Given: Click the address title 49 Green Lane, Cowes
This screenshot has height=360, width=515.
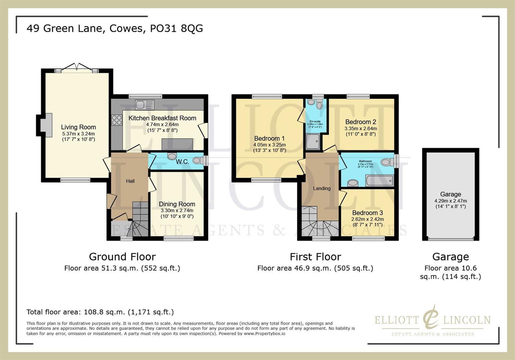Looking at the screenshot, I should pos(114,28).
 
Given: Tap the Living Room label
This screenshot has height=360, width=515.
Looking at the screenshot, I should pos(78,127).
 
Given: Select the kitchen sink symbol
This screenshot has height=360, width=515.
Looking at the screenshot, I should pos(144,105).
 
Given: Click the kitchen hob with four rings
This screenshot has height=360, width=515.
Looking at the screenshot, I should pos(117,120).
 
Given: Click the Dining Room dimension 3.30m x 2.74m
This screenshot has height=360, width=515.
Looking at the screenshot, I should pos(177,210).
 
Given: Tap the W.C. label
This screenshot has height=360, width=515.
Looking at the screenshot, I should pos(182,162).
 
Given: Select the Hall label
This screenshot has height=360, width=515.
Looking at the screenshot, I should pos(130,181).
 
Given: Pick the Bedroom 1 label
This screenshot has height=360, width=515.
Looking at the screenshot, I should pos(269,138).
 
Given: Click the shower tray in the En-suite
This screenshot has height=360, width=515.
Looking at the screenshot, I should pos(313,142).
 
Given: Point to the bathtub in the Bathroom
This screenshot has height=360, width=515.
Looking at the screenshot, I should pos(379,181).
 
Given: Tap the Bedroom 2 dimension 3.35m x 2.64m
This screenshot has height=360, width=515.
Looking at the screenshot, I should pos(361,128).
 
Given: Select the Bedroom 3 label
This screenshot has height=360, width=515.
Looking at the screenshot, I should pos(367,213).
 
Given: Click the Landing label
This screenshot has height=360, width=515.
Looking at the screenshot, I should pos(322,188).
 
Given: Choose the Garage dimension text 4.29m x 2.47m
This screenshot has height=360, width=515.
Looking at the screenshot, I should pos(450,201).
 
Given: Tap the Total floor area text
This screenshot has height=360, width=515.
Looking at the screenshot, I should pos(100,312).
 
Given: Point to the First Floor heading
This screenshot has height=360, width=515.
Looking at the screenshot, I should pos(315,257).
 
